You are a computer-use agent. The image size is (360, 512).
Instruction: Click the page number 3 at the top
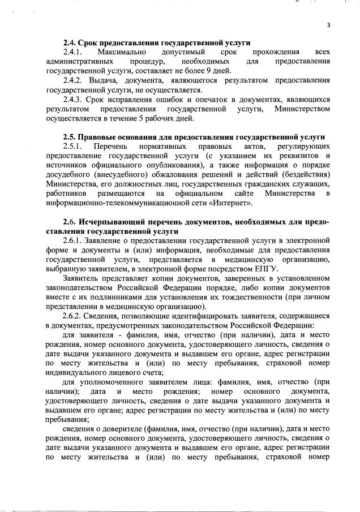[328, 25]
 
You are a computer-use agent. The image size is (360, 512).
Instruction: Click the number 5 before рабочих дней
[145, 118]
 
